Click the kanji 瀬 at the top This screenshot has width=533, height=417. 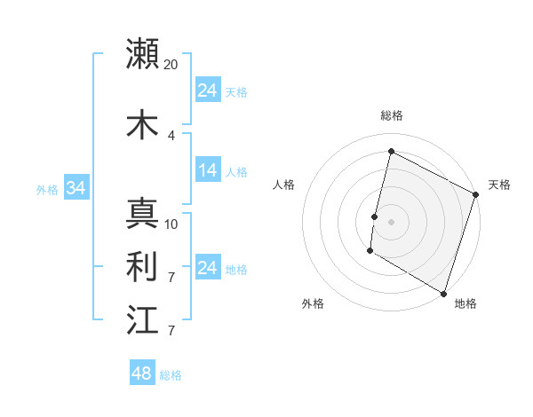[143, 53]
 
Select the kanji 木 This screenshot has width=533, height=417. [143, 124]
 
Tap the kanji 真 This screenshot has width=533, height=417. [143, 214]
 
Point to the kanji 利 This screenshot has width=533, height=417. [143, 267]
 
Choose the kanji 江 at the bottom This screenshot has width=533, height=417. [143, 320]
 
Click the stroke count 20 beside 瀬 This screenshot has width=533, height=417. [171, 65]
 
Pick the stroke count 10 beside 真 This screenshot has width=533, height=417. [171, 224]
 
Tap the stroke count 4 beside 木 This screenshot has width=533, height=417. [171, 135]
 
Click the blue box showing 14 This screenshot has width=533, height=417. [208, 170]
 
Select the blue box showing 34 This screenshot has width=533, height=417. [76, 188]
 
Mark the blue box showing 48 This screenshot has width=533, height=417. [142, 374]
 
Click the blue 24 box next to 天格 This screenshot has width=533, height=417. [208, 90]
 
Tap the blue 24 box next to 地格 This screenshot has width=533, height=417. [208, 268]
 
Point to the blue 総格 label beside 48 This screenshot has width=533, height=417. [171, 375]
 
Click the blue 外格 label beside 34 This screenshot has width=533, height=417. [46, 189]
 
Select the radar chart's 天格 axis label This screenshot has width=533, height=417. [499, 185]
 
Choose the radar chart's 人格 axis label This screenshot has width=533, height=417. [283, 185]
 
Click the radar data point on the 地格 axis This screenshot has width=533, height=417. [443, 292]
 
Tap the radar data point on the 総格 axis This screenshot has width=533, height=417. [391, 152]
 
